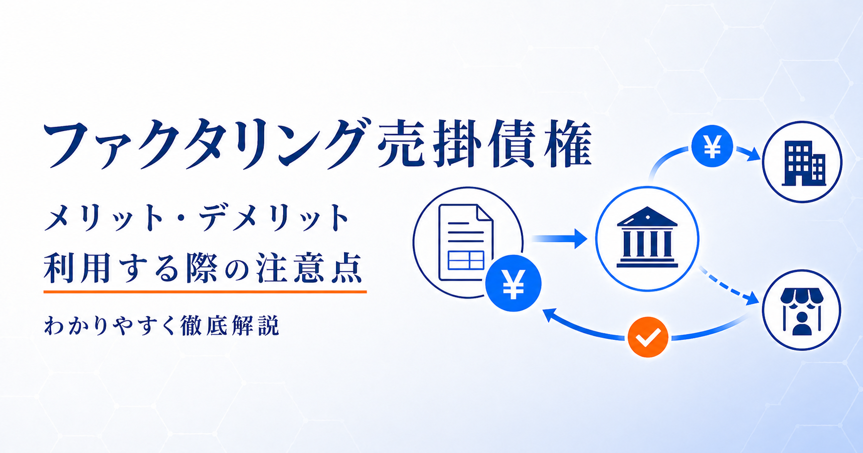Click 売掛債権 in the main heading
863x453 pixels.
pos(485,144)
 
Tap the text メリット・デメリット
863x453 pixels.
pos(197,218)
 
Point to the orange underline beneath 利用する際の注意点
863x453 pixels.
pos(205,291)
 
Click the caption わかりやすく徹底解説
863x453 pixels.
pos(162,326)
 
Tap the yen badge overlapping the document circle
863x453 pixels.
pos(513,283)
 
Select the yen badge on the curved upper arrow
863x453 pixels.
pos(712,147)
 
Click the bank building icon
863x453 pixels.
pos(647,237)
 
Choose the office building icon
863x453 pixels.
pos(804,163)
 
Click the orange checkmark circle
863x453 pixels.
pos(648,337)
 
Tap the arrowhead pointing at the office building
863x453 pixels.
pos(752,153)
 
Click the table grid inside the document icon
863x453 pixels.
pos(466,260)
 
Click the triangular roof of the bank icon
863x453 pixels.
pos(647,217)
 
